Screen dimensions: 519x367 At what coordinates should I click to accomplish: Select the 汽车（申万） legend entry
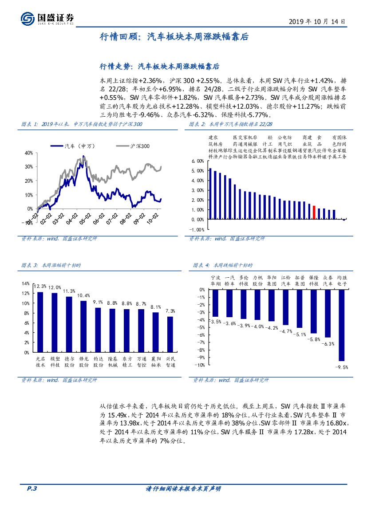pos(73,146)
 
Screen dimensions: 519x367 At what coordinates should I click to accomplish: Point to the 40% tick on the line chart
pos(29,153)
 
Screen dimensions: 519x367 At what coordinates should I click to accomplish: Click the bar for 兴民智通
pos(170,334)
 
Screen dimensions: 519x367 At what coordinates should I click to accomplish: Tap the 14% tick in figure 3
pos(26,283)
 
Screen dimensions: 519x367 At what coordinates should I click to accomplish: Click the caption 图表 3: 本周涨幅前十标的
pos(51,265)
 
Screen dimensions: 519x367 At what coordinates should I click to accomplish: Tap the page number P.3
pos(31,488)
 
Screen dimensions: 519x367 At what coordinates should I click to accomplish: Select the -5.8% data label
pos(314,339)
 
